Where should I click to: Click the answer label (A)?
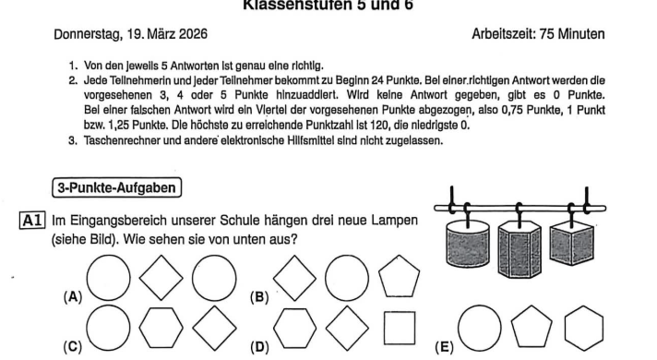tap(70, 299)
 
